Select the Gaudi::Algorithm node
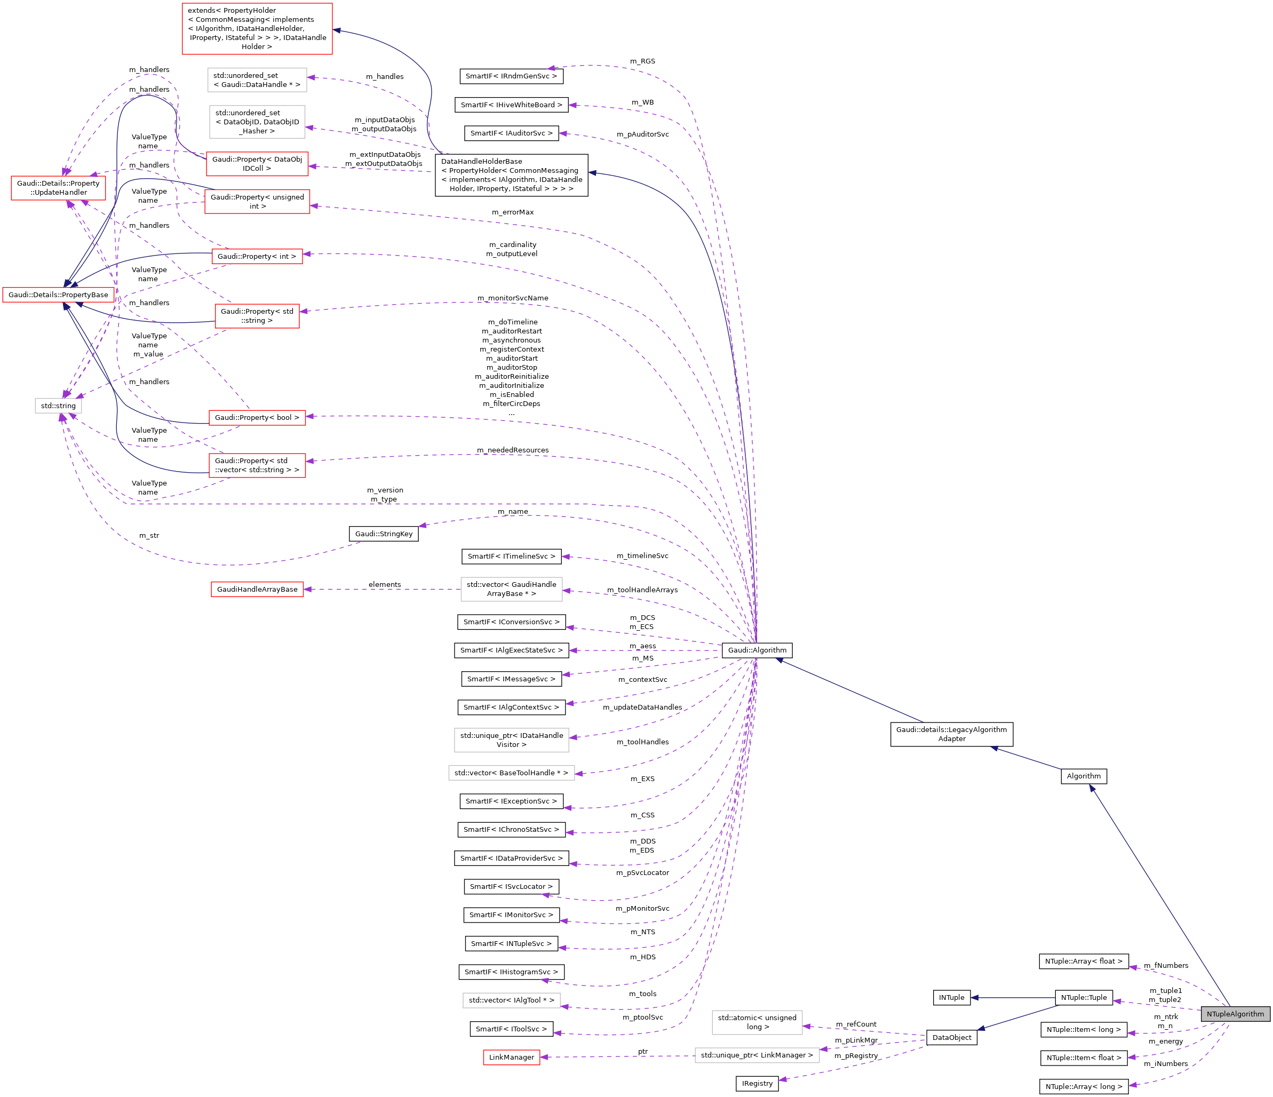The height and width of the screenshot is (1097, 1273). point(757,650)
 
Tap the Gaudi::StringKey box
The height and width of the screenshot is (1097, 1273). point(384,534)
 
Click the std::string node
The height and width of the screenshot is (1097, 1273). point(58,406)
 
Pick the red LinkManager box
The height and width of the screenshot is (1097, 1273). point(511,1057)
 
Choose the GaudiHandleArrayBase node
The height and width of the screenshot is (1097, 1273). point(257,590)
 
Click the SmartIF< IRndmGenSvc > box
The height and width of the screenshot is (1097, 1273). point(511,76)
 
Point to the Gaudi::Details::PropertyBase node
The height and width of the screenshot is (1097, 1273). point(58,295)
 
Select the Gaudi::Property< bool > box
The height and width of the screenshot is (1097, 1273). point(257,417)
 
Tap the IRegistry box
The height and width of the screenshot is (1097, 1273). point(757,1084)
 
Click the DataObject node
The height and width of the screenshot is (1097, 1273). point(952,1037)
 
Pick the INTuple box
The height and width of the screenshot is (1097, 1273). point(952,997)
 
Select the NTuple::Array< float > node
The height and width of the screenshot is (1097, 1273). point(1084,961)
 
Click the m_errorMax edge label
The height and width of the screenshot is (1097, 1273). point(512,212)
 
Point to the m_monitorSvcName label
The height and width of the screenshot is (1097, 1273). point(512,298)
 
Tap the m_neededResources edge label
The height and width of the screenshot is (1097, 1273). point(512,450)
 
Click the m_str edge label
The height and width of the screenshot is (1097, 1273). point(149,535)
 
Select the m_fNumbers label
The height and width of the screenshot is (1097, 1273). point(1165,966)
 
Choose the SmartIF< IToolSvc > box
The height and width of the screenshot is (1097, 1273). point(511,1029)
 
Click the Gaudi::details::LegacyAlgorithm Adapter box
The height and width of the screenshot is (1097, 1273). point(952,734)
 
